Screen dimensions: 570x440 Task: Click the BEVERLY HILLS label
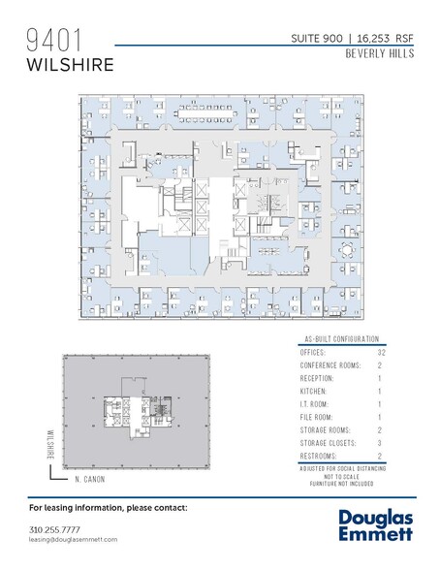pos(379,54)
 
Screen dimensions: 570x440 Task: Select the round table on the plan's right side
pos(346,248)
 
